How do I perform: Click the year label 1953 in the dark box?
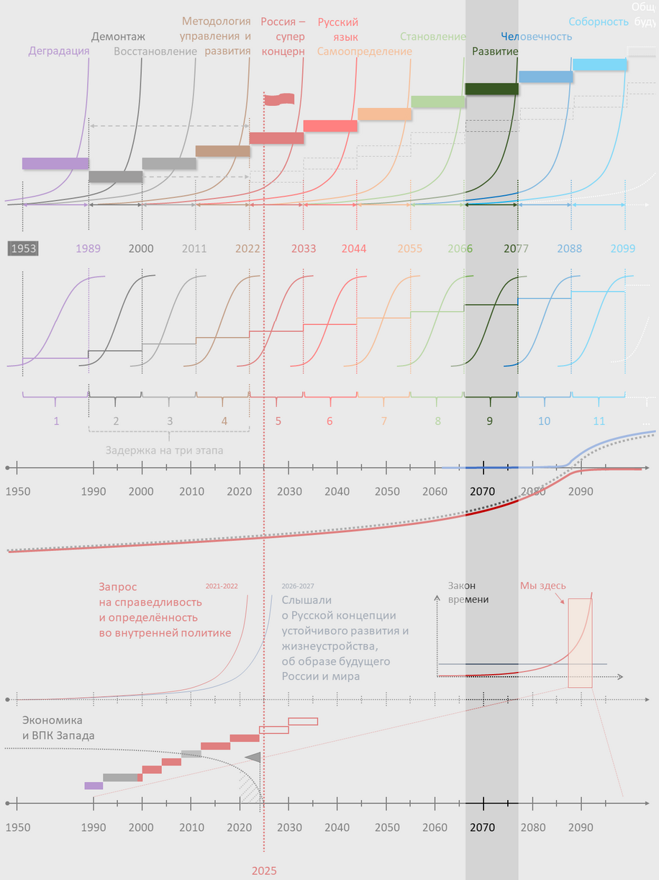(22, 248)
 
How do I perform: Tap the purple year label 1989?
(88, 248)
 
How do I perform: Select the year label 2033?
(304, 248)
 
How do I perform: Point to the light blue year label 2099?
(623, 248)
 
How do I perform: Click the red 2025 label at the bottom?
(264, 871)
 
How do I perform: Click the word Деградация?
(59, 51)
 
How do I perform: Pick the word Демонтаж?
(118, 37)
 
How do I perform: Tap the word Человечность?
(536, 37)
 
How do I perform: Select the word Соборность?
(599, 22)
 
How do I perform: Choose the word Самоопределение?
(365, 51)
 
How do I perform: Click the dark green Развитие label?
(495, 51)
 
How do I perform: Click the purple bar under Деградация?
(55, 163)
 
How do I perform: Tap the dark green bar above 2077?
(491, 89)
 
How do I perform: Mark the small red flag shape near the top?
(279, 99)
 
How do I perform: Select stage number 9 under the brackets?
(490, 421)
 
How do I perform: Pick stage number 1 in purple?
(56, 421)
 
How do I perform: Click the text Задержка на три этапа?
(165, 451)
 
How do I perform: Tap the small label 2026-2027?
(297, 586)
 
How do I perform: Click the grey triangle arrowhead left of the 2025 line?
(253, 758)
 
